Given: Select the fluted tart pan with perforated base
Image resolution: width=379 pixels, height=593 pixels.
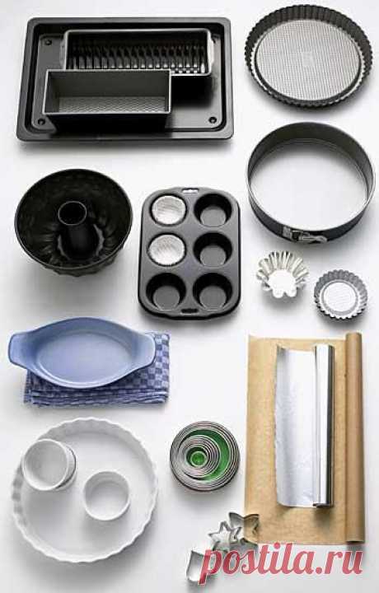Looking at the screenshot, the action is coord(309,56).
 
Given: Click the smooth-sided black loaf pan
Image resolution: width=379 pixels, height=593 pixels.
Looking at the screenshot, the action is coord(107,96).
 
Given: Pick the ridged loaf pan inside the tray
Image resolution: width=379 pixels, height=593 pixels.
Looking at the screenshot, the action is coord(138,51).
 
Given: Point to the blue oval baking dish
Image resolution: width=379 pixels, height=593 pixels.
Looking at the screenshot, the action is coord(82,353).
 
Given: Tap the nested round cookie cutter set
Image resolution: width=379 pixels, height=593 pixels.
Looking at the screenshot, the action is coord(204,456).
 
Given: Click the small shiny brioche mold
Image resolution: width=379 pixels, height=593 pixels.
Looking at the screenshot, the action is coord(282,274).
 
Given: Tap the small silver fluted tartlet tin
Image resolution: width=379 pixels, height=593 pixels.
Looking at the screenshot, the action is coord(340,294).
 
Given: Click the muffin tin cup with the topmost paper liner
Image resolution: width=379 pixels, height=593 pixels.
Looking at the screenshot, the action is coord(168,210).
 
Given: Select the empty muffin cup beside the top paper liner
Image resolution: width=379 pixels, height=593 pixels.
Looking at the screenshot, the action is coord(213,210).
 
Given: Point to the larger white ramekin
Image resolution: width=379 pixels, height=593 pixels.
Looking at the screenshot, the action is coord(49,465).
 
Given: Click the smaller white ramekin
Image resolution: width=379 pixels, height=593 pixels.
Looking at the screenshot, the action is coord(106,495).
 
